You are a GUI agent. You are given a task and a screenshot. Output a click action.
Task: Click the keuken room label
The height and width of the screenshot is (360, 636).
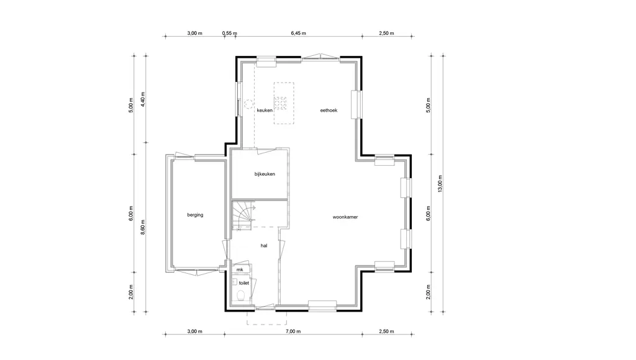coord(265,110)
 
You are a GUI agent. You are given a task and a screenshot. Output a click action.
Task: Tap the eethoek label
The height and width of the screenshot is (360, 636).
coord(329,110)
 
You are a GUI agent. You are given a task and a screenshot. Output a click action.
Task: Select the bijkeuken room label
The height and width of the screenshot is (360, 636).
coord(265,174)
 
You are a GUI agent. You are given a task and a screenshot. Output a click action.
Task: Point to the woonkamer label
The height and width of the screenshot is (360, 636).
coord(345,217)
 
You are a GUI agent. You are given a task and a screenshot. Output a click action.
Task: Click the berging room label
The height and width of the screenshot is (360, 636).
coord(195,215)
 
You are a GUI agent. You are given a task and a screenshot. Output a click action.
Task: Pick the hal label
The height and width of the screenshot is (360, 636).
coord(264,245)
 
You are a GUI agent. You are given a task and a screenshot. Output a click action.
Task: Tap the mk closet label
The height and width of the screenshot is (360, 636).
coord(240,269)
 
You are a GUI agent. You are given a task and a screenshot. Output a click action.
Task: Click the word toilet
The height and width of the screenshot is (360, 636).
coord(243,283)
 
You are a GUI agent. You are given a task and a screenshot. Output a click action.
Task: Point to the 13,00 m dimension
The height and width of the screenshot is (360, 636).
coord(440,184)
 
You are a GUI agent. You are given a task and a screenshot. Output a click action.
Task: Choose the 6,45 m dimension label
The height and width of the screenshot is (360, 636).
coord(298,34)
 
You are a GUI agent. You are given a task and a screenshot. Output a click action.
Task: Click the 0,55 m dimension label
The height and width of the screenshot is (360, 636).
coord(230,34)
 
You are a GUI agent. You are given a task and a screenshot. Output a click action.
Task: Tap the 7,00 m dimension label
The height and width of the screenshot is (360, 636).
coord(293,331)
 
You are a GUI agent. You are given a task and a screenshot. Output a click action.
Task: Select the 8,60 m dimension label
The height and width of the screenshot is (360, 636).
coord(143,227)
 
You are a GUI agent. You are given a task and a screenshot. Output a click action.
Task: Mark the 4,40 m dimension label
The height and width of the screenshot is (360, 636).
coord(143,99)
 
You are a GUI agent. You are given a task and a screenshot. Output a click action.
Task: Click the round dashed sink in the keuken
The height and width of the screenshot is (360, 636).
coord(248,104)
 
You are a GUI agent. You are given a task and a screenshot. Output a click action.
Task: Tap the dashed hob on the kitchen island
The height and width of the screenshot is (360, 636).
coord(280,104)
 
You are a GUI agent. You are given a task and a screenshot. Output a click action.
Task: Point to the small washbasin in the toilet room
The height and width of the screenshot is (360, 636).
coord(234,282)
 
